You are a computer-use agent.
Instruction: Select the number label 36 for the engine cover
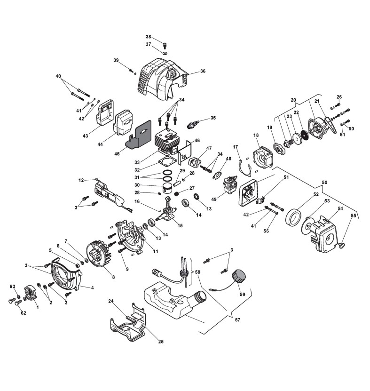[x=203, y=72]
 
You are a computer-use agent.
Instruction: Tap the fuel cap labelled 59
[x=239, y=275]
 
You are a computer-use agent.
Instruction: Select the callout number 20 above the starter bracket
[x=293, y=100]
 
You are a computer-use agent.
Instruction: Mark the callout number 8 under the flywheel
[x=113, y=277]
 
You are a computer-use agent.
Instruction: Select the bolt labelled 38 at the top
[x=165, y=45]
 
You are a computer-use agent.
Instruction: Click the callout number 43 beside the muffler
[x=85, y=136]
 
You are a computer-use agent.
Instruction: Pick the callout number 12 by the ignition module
[x=81, y=180]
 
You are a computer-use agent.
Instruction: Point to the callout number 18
[x=256, y=136]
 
